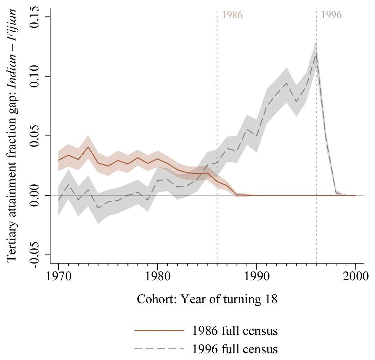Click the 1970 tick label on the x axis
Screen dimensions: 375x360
pos(59,276)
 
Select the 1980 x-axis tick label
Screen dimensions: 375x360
pos(157,276)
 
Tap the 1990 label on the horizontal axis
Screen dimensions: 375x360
pos(257,276)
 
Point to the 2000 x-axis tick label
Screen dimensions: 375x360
pos(356,276)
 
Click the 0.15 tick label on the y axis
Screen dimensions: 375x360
pos(35,17)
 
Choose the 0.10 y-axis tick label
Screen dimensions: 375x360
pos(35,76)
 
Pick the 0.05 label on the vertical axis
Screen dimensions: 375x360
pos(35,136)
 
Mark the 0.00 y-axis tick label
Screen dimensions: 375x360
pos(35,195)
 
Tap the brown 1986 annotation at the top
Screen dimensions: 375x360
pos(232,15)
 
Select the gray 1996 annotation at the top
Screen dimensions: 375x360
pos(331,15)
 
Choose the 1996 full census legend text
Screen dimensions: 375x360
pos(235,349)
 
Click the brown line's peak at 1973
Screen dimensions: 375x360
pos(88,147)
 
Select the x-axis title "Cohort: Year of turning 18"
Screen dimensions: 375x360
pos(207,299)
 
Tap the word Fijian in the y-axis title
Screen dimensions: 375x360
pos(12,26)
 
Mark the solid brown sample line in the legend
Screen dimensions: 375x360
pos(159,330)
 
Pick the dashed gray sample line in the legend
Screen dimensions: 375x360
pos(159,349)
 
